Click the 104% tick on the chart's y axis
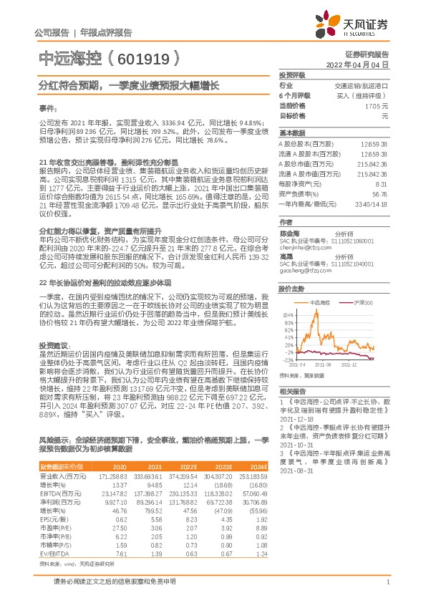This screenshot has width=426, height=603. pyautogui.click(x=287, y=294)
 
